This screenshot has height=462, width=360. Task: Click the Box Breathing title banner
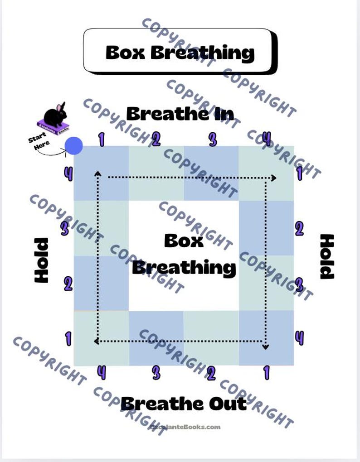(x=180, y=52)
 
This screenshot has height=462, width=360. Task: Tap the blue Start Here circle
(x=73, y=146)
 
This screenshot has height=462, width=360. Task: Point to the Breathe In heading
(x=180, y=114)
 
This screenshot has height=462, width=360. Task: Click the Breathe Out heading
(x=184, y=403)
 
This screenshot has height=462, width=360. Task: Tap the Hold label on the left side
(x=42, y=260)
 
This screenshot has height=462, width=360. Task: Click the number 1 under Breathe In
(x=101, y=140)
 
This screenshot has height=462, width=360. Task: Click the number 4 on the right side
(x=299, y=338)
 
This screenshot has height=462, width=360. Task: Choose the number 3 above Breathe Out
(x=156, y=373)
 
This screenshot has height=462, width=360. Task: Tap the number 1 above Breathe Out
(x=266, y=373)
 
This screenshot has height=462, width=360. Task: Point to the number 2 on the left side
(x=68, y=284)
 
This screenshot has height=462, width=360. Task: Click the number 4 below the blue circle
(x=68, y=173)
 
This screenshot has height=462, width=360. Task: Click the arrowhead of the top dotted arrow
(x=273, y=178)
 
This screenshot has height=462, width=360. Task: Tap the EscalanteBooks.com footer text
(x=185, y=427)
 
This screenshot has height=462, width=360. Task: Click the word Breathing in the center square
(x=184, y=267)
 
